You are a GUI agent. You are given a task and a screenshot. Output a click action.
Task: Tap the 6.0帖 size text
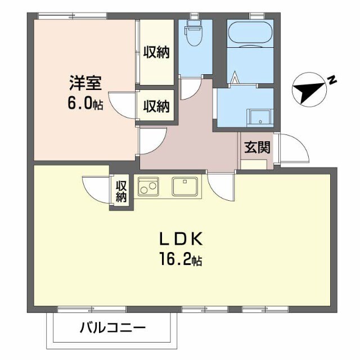pyautogui.click(x=84, y=105)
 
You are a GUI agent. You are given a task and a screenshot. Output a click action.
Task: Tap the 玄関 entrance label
pyautogui.click(x=256, y=147)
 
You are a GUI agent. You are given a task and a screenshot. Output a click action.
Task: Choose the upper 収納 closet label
pyautogui.click(x=156, y=52)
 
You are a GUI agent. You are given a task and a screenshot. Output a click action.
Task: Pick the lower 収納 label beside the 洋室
pyautogui.click(x=156, y=105)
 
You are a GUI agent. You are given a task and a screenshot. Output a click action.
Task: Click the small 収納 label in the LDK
pyautogui.click(x=121, y=191)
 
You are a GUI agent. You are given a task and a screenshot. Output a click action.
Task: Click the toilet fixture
pyautogui.click(x=195, y=35)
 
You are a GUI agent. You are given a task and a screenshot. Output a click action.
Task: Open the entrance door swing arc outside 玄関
pyautogui.click(x=295, y=149)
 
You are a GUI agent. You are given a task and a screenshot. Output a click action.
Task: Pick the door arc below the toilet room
pyautogui.click(x=192, y=87)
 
